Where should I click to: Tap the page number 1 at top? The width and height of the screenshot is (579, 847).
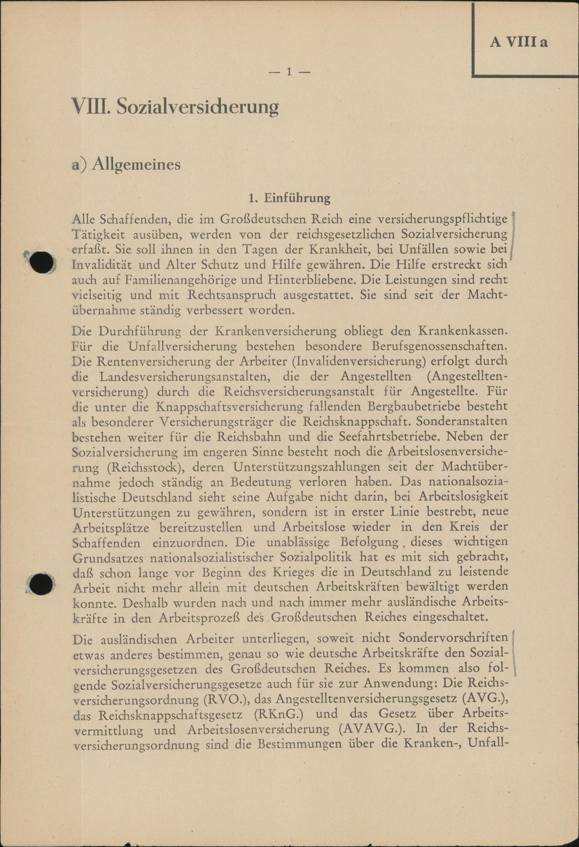289,72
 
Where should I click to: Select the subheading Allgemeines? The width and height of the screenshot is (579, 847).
136,164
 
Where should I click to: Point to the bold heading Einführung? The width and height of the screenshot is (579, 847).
297,198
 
